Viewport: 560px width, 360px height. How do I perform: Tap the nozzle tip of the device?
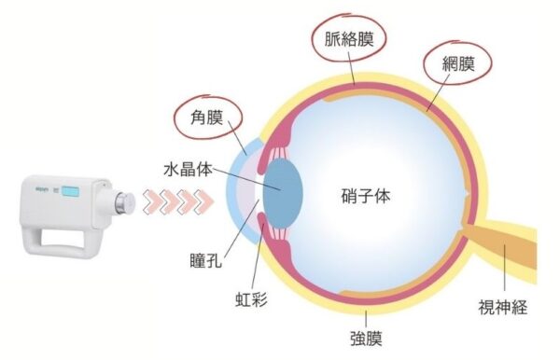click(x=124, y=200)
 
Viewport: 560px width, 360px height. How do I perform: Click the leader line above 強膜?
click(x=367, y=314)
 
